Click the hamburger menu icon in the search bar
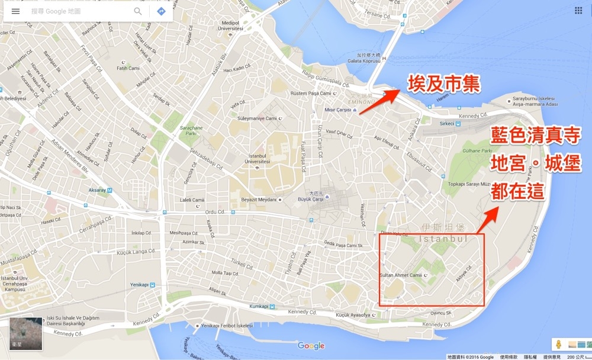pos(15,11)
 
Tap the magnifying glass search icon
pos(138,11)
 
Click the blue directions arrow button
pos(161,11)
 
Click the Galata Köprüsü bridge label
pos(363,60)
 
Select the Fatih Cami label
pos(128,68)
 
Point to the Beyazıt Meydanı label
pos(259,200)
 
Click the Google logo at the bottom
pos(311,346)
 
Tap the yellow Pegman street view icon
pos(558,344)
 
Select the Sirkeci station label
pos(446,124)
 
